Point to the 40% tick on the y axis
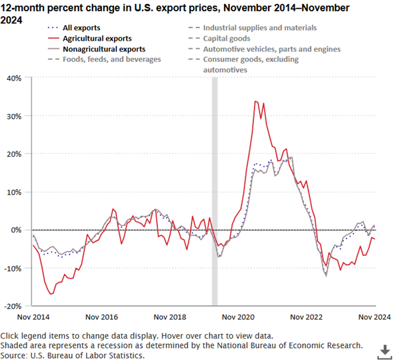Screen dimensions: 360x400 [x=13, y=77]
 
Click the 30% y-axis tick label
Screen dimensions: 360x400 [x=13, y=115]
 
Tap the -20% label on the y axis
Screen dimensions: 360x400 [x=12, y=306]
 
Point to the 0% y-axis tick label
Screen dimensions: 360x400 [x=17, y=230]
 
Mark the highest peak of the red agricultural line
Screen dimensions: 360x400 [x=255, y=101]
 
